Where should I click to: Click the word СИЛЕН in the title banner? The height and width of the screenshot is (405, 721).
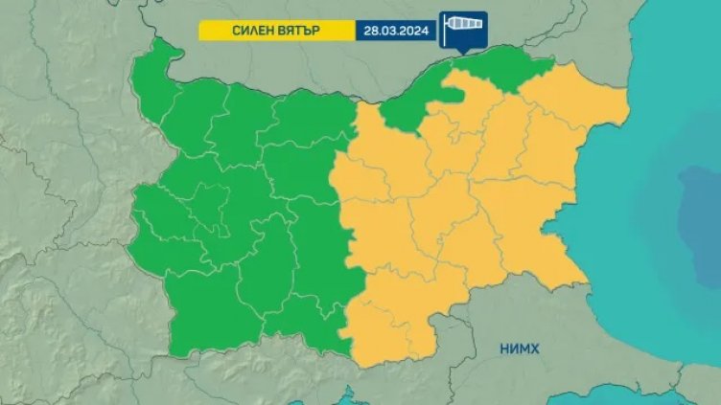pyautogui.click(x=254, y=30)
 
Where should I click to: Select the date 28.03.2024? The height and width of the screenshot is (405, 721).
pyautogui.click(x=394, y=30)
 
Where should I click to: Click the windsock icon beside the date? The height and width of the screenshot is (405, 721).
pyautogui.click(x=462, y=28)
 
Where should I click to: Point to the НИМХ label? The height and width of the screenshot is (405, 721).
pyautogui.click(x=518, y=349)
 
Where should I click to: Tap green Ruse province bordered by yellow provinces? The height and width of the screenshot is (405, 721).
pyautogui.click(x=412, y=105)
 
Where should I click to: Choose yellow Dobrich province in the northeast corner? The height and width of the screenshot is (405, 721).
pyautogui.click(x=575, y=105)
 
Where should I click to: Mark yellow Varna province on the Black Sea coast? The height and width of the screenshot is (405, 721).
pyautogui.click(x=556, y=153)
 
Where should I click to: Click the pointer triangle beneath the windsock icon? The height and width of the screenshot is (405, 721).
pyautogui.click(x=463, y=49)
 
